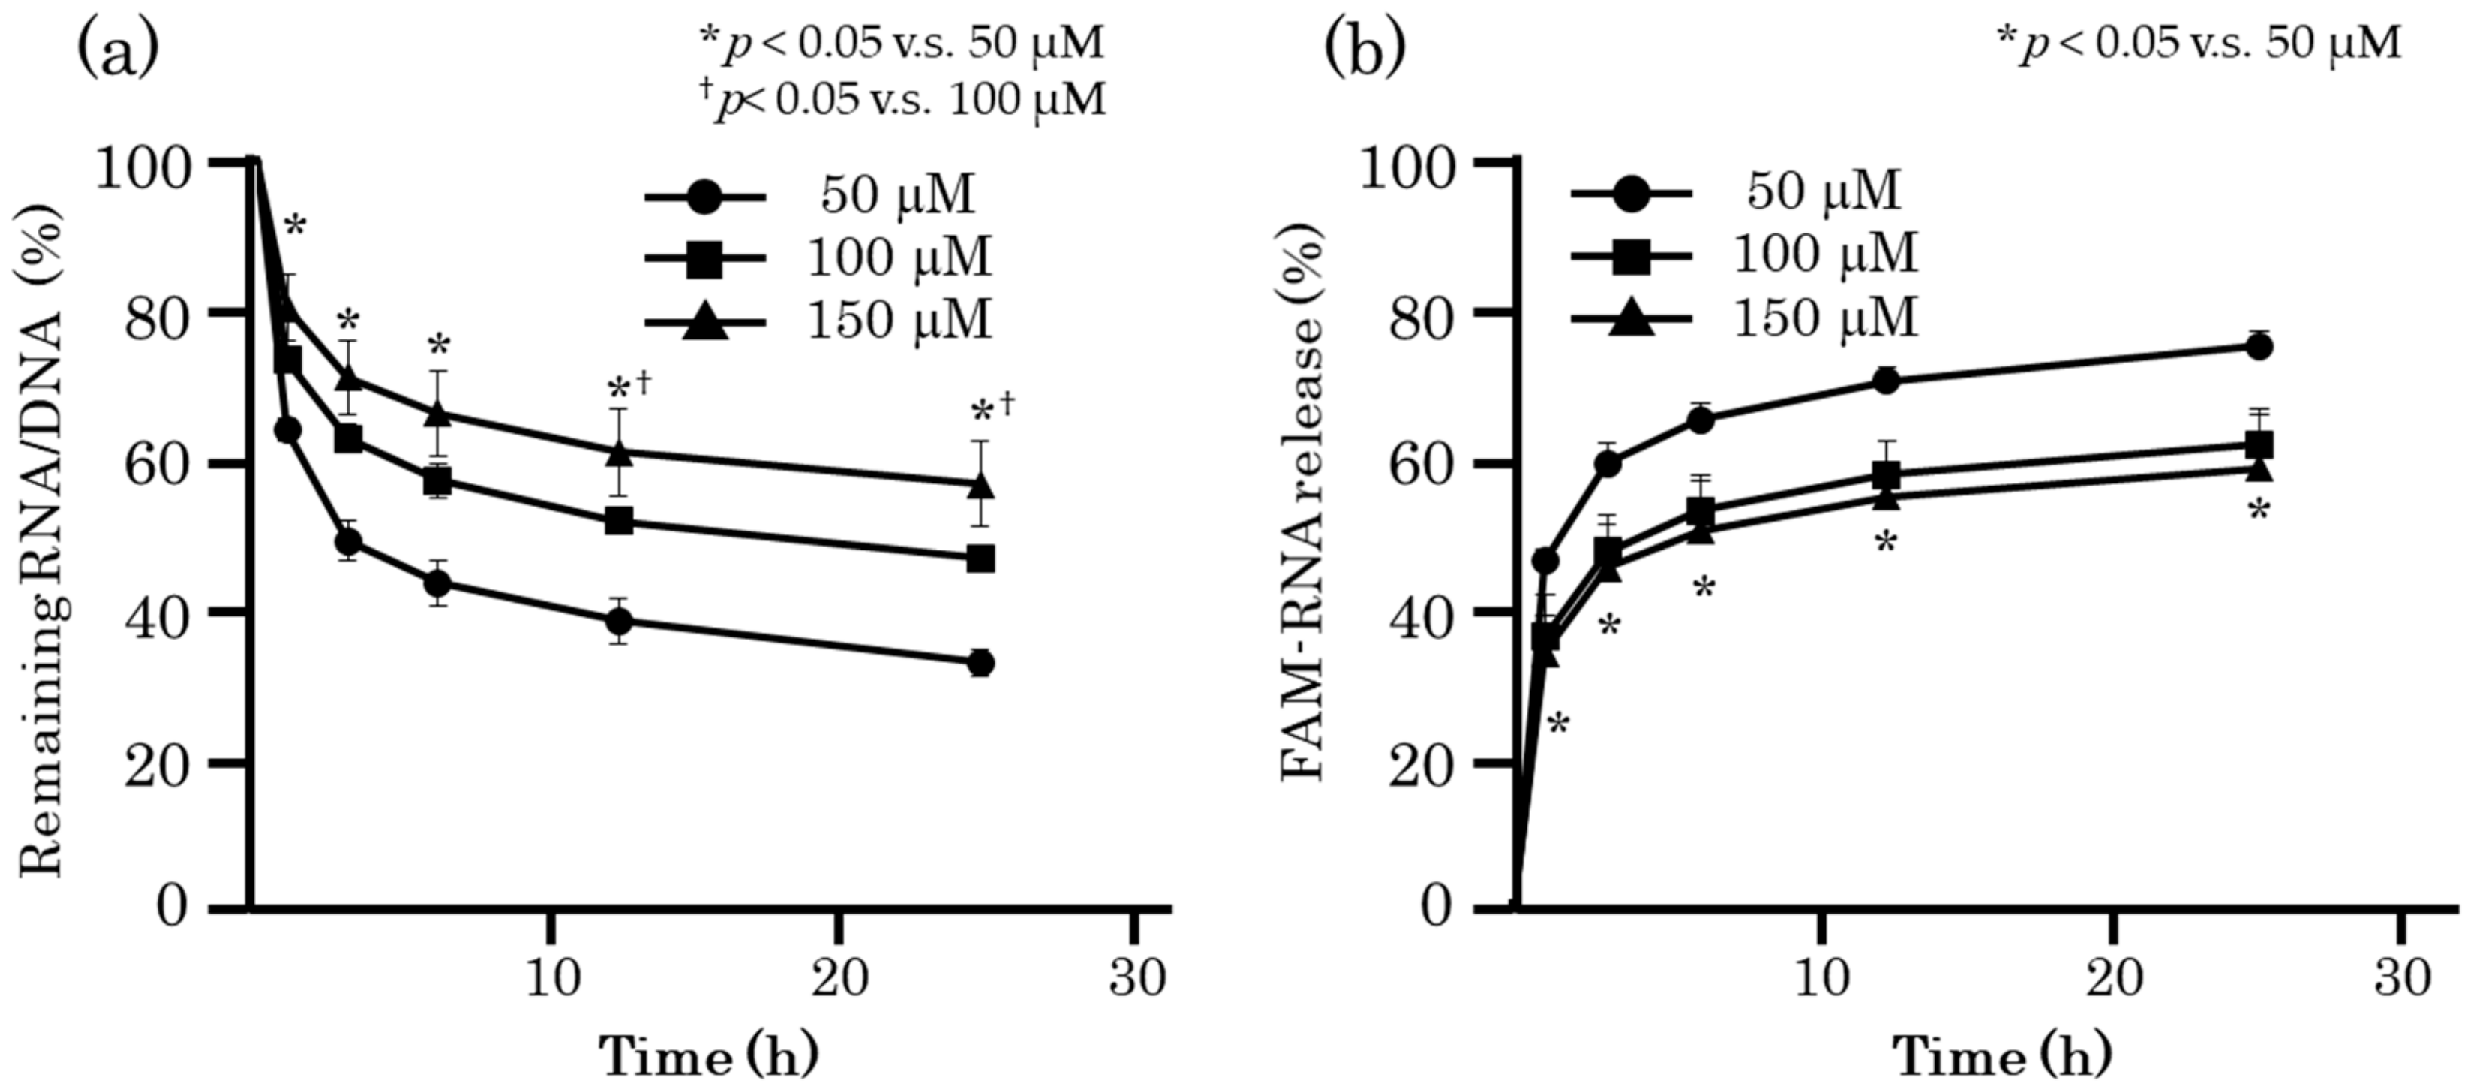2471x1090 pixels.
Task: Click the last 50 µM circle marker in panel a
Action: (980, 662)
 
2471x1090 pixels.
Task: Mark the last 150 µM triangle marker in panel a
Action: (980, 486)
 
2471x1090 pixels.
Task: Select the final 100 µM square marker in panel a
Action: (980, 559)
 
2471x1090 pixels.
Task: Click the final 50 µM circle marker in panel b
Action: (2259, 346)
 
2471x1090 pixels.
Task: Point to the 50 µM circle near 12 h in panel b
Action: (1886, 380)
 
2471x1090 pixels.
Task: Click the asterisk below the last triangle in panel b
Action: (2259, 510)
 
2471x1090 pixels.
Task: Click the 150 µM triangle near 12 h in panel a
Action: (620, 452)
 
